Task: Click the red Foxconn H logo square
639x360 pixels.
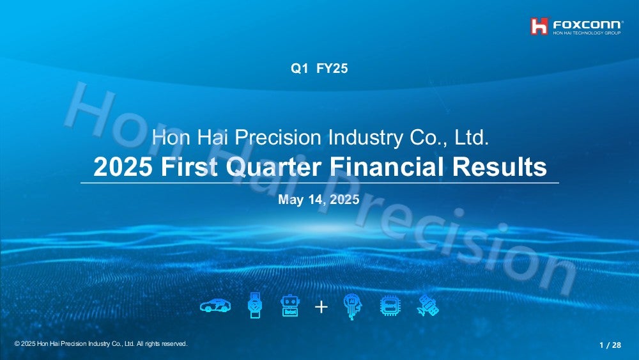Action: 539,26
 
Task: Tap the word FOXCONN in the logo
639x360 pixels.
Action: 587,25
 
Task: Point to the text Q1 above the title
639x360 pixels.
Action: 299,68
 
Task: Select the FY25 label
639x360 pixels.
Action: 332,68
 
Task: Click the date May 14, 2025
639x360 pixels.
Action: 319,200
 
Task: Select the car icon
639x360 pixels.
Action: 215,306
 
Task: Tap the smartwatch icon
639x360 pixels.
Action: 255,306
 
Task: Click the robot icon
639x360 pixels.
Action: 290,306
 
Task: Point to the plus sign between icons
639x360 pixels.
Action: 321,307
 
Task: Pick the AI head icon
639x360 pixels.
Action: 353,306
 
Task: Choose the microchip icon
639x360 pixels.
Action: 390,306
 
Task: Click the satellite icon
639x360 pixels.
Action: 428,306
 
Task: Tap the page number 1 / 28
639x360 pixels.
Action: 610,345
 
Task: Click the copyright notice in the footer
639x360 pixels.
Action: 101,343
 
